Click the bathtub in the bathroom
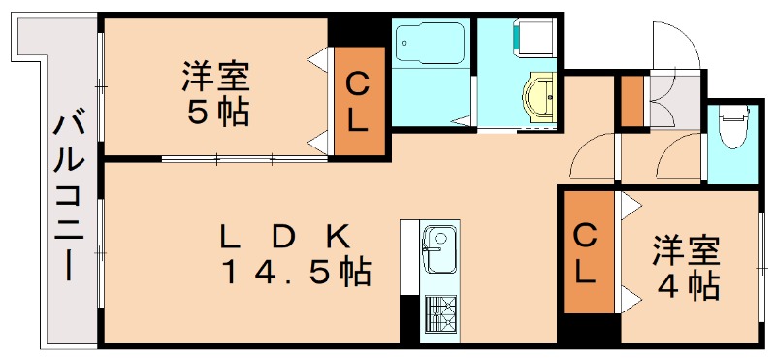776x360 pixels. click(x=430, y=45)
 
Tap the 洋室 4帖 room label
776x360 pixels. click(x=686, y=268)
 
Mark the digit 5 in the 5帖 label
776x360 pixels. click(x=198, y=113)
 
